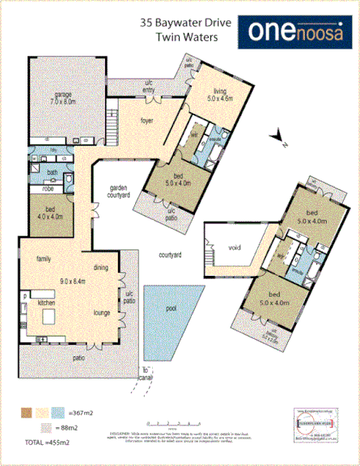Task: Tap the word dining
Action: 101,267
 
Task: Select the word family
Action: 43,259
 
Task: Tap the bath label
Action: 52,172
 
